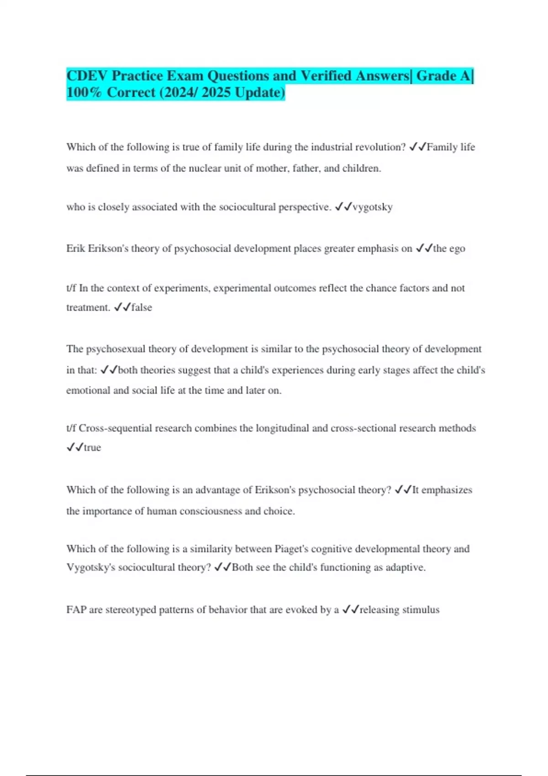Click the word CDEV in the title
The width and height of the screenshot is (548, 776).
(x=87, y=76)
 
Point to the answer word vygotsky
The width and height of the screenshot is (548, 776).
(x=373, y=207)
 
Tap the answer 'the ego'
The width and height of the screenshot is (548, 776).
(x=449, y=249)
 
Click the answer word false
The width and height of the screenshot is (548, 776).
(x=142, y=308)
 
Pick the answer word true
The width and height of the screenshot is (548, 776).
(x=92, y=448)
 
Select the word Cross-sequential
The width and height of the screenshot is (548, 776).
(x=116, y=428)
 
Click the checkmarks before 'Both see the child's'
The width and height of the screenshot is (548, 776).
(x=222, y=567)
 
